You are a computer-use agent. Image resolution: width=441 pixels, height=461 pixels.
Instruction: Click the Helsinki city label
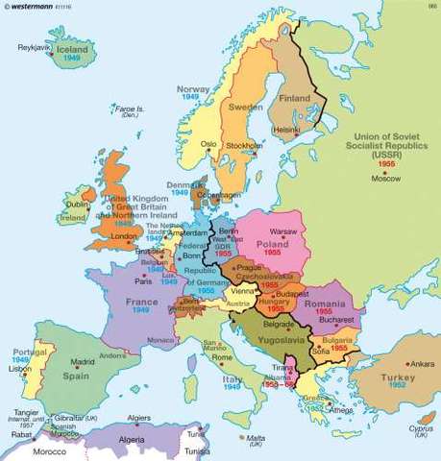(287, 130)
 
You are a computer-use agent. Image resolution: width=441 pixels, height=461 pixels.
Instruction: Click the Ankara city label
(424, 365)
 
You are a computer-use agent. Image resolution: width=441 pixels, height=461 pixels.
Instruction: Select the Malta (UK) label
(255, 441)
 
